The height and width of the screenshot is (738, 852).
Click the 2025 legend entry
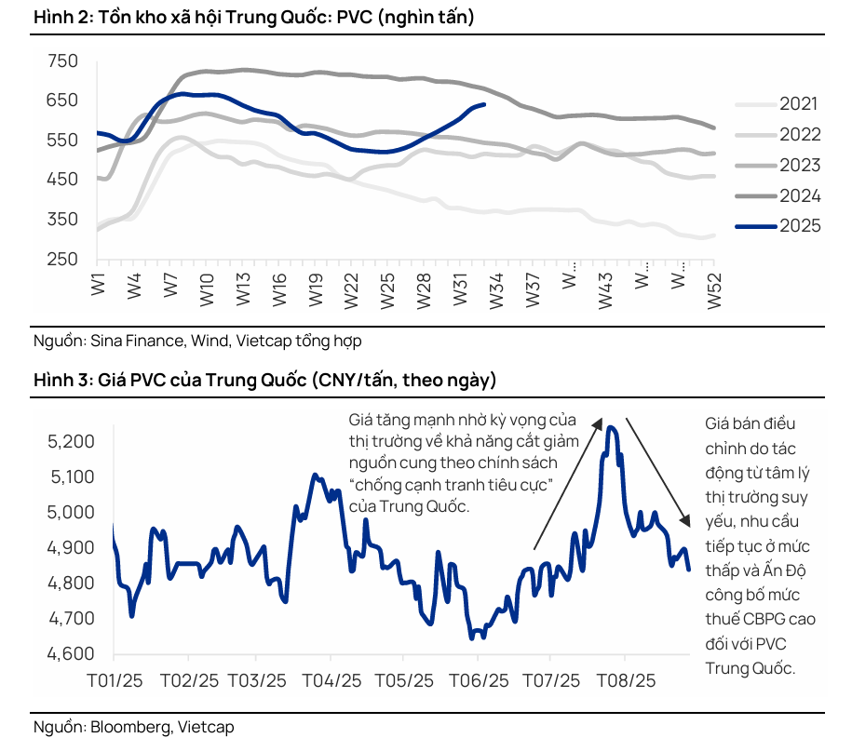click(x=799, y=226)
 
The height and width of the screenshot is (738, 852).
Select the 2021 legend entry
click(x=799, y=104)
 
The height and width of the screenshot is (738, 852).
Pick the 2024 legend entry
click(x=799, y=195)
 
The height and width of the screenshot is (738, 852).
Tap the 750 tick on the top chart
click(x=63, y=61)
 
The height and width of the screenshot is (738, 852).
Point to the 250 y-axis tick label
click(x=63, y=259)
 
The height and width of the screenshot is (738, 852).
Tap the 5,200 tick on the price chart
click(x=71, y=441)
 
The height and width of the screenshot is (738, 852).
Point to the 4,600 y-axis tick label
click(x=71, y=654)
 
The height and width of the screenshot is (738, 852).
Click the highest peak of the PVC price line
click(x=611, y=427)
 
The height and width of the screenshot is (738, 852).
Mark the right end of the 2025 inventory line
click(x=484, y=104)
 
